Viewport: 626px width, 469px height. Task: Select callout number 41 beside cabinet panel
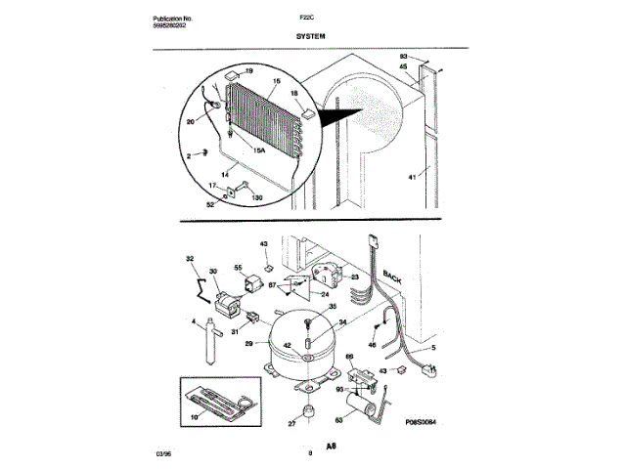412,177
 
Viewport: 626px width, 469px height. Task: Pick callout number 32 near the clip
190,259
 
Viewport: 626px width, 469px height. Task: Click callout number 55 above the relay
238,266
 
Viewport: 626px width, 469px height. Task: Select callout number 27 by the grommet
290,424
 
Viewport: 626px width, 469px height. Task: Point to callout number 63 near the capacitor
339,419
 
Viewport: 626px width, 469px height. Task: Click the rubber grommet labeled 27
309,410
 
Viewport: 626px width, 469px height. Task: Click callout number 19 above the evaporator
248,72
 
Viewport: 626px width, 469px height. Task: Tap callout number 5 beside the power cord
434,348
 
